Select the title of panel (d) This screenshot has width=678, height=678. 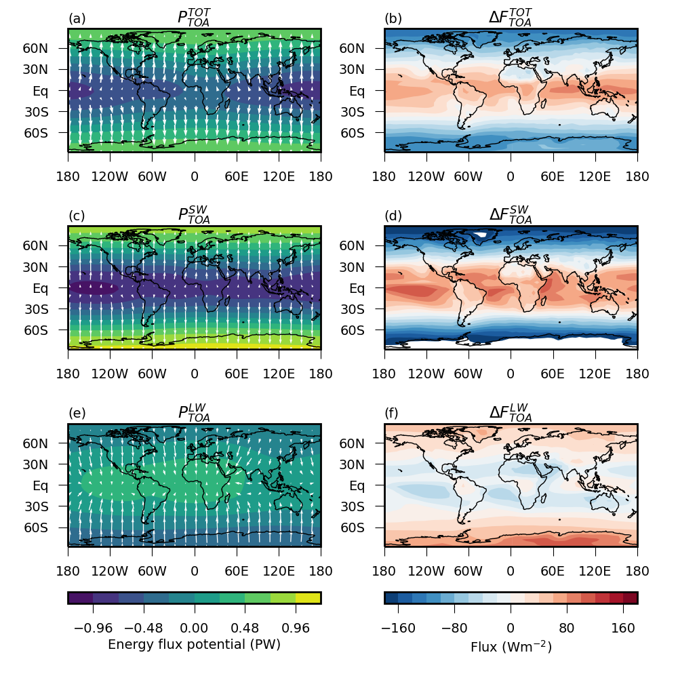point(511,215)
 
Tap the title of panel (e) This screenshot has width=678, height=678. point(194,412)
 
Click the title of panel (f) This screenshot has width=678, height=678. point(511,412)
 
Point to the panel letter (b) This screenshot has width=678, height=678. point(393,19)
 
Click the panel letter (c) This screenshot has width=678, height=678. point(77,216)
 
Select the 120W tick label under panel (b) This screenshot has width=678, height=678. point(426,177)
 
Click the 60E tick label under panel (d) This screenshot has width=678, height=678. point(553,374)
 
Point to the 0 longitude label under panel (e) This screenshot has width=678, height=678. point(195,572)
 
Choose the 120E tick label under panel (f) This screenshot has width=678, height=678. point(595,572)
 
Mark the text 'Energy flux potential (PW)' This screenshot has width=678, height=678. point(194,645)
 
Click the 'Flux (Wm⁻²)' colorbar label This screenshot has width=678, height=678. point(511,647)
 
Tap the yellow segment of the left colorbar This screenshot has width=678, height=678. point(308,597)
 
